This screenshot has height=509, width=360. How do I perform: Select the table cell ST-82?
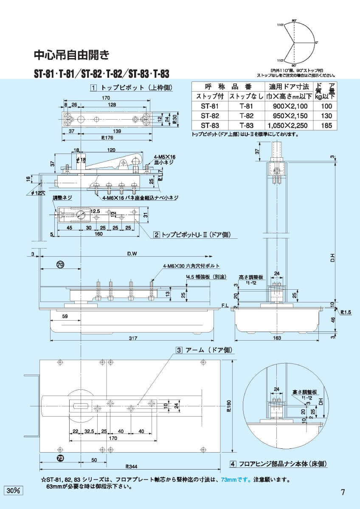click(210, 116)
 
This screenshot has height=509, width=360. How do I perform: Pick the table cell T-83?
click(246, 126)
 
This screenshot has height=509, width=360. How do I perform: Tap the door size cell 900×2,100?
click(287, 106)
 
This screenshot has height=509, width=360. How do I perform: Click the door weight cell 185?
click(326, 126)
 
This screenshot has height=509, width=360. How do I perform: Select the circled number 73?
click(60, 458)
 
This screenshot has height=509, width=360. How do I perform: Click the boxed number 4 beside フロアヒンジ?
click(233, 464)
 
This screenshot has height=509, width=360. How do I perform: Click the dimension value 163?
click(276, 338)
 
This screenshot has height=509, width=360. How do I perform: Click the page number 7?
click(343, 492)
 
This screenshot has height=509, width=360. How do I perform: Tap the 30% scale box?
click(14, 490)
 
